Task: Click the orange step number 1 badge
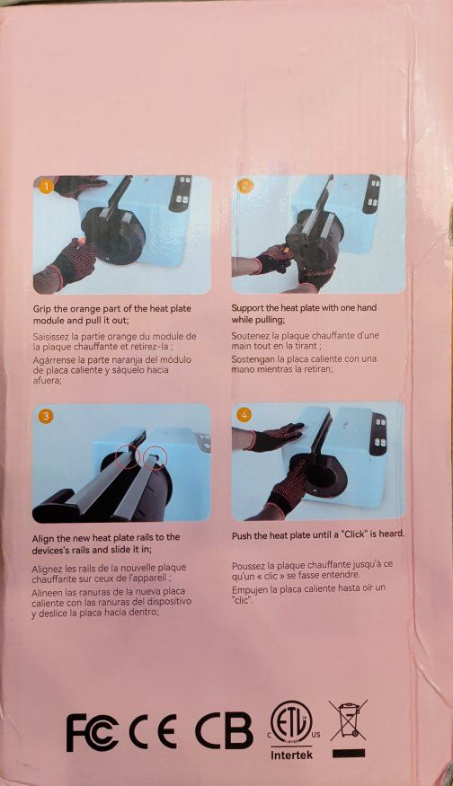[46, 188]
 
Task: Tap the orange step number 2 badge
[244, 187]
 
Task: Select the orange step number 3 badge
[46, 416]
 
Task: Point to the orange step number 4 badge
[244, 414]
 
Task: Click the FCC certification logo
[93, 732]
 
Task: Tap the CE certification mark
[153, 731]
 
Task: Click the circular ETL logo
[291, 723]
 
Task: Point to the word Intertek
[290, 755]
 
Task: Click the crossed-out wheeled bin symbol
[348, 720]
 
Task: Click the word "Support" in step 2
[249, 308]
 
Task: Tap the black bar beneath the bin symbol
[348, 753]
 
